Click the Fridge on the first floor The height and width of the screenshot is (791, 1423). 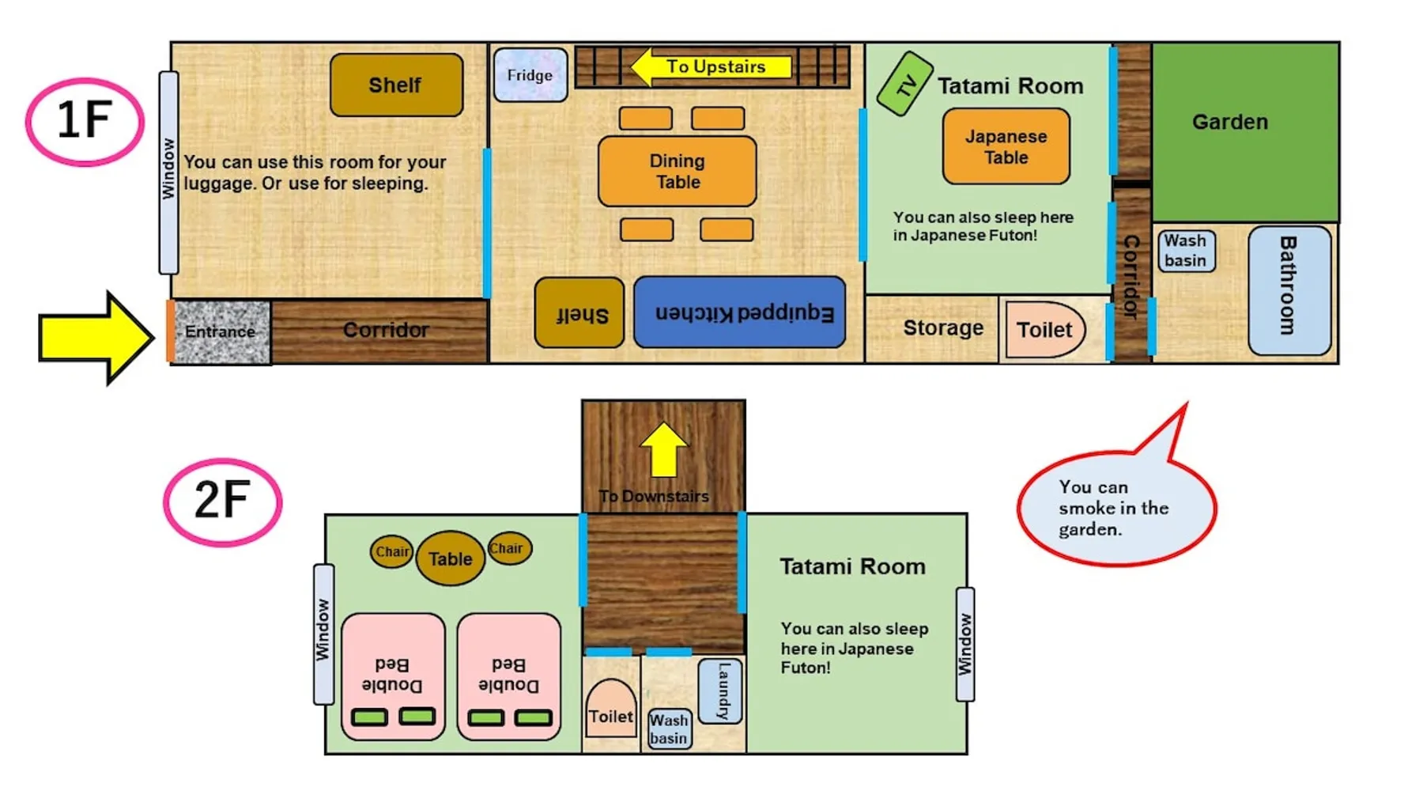(530, 75)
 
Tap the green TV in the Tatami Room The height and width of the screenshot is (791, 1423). (904, 84)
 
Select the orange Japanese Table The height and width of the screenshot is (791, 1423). (1006, 147)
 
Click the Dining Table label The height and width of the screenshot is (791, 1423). (678, 172)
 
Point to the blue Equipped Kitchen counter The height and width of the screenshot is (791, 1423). (740, 312)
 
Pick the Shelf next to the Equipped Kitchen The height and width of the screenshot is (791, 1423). (579, 313)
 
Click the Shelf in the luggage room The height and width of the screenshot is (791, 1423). (396, 85)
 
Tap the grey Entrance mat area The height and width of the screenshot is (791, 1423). (221, 331)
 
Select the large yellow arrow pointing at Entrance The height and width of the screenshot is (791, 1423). (95, 338)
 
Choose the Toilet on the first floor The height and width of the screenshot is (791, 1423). (1044, 329)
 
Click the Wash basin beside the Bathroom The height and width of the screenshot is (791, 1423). (1185, 251)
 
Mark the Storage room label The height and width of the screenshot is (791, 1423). (943, 328)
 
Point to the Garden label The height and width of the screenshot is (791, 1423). (1230, 122)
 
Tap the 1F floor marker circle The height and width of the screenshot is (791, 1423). (85, 122)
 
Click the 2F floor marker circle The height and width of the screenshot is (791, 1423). (222, 501)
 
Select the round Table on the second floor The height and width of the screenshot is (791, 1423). (450, 558)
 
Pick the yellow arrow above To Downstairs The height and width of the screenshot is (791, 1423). (663, 449)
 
